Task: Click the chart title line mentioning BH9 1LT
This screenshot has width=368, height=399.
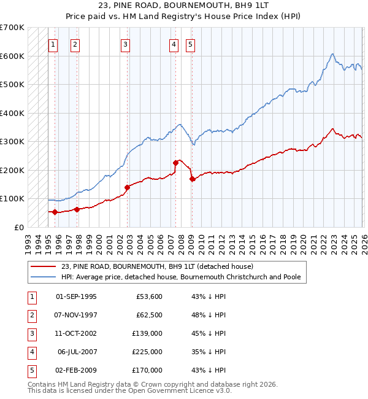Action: (184, 6)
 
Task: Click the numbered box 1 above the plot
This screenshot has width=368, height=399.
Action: (53, 44)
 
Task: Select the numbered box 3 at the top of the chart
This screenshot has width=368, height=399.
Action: (125, 44)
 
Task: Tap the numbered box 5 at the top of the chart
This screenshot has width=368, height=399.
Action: (191, 44)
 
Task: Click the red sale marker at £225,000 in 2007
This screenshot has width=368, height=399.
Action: (176, 163)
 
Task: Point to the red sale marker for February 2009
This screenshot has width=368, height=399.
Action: (192, 179)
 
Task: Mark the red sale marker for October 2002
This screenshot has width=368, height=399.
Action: (128, 187)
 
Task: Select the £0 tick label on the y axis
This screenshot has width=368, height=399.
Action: (20, 227)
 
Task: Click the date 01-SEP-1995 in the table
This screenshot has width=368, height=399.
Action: (76, 296)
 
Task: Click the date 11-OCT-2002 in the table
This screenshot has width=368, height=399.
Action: (76, 333)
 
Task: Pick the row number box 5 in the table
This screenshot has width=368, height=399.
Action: (31, 370)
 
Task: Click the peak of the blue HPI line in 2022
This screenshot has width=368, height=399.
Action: (332, 54)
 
